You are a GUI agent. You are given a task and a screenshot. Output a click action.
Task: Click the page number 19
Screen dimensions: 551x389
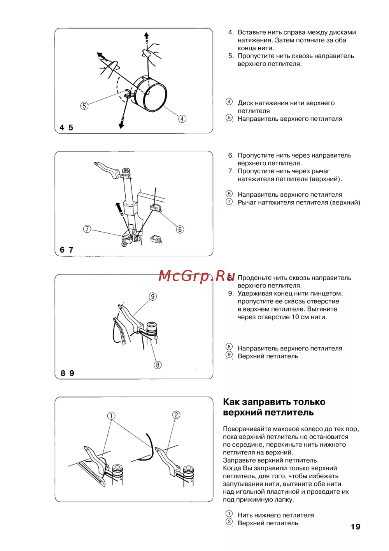(x=355, y=526)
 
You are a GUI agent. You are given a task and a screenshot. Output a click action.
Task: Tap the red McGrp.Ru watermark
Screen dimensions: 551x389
(x=196, y=276)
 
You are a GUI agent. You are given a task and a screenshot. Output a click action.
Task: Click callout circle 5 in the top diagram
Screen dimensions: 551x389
(x=84, y=106)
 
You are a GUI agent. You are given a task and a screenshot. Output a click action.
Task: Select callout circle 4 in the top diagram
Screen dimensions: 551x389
(x=182, y=119)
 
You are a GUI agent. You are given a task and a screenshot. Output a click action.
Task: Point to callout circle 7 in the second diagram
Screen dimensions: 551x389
(x=87, y=229)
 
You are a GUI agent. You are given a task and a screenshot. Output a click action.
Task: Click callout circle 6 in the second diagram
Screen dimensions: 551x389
(x=180, y=229)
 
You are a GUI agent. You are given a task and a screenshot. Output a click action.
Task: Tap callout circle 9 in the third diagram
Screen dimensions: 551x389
(x=153, y=297)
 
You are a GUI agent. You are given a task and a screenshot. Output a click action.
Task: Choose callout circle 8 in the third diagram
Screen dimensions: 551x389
(x=158, y=365)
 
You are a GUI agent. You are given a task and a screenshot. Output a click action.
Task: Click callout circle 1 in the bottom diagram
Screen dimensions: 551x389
(x=111, y=416)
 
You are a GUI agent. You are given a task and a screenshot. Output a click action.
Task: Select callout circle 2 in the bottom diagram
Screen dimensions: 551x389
(x=176, y=415)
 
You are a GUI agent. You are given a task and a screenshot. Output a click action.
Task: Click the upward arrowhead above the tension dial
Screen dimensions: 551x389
(x=146, y=35)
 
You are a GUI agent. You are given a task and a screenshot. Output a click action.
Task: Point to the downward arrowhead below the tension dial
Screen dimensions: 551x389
(x=121, y=125)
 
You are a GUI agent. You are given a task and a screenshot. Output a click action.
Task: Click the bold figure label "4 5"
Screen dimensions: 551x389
(x=66, y=128)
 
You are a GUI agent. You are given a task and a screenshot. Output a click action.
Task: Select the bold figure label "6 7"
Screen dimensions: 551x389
(x=67, y=250)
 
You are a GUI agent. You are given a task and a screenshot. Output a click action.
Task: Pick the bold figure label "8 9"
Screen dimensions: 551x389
(x=67, y=373)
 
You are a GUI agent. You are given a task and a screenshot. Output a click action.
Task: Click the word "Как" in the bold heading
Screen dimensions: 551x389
(x=232, y=402)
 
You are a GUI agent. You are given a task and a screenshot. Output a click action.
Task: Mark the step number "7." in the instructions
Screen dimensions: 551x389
(x=231, y=171)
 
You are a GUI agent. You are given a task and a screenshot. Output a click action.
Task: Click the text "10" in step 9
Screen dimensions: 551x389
(x=295, y=317)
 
